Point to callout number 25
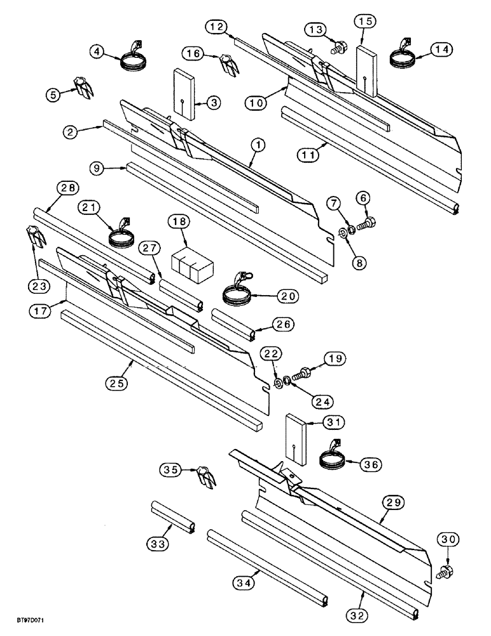(x=119, y=384)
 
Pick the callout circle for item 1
(x=258, y=146)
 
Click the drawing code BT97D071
(x=30, y=627)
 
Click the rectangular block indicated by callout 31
(x=296, y=439)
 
